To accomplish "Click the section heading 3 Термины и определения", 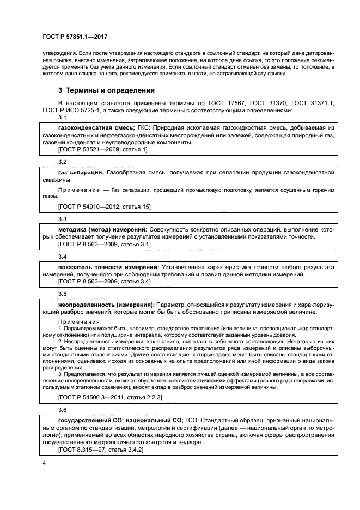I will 106,90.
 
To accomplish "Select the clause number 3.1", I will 62,117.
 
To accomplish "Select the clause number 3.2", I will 62,162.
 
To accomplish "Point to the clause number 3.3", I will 62,219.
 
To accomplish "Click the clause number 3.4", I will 62,256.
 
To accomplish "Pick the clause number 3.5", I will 62,293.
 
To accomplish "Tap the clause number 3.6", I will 62,409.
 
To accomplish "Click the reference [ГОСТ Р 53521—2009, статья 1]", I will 102,149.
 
